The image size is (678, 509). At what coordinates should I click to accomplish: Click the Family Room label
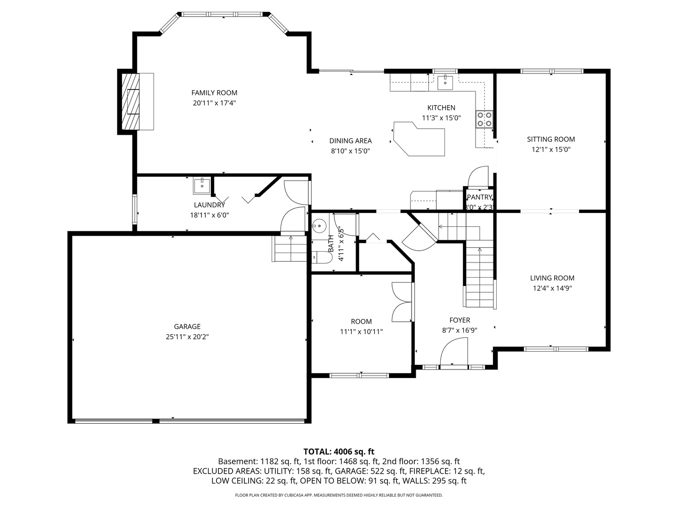point(214,93)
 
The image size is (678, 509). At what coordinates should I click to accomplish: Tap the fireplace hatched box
point(131,101)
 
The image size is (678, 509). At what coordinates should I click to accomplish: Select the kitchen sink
point(445,82)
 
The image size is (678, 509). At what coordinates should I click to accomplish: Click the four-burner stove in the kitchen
point(484,119)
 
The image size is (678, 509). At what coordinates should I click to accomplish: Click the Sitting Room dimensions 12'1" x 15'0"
point(551,149)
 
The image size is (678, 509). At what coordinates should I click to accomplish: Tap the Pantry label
point(479,197)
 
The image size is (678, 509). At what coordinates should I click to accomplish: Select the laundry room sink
point(202,186)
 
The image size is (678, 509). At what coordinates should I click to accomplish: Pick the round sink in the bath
point(320,225)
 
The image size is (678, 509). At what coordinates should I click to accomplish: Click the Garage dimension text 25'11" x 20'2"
point(187,337)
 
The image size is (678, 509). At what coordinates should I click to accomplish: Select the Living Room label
point(552,278)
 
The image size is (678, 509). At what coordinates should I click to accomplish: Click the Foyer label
point(460,320)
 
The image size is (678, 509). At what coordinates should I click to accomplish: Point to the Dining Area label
point(350,140)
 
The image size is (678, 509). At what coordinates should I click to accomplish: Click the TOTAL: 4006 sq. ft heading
point(339,452)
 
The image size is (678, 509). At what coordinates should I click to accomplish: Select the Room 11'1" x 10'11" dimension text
point(361,331)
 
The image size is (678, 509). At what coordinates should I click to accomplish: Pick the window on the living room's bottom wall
point(556,349)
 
